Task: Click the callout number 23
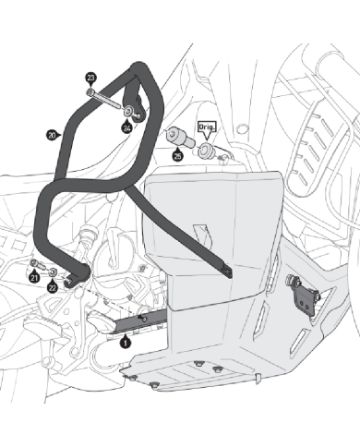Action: pyautogui.click(x=90, y=78)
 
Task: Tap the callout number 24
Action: pyautogui.click(x=126, y=127)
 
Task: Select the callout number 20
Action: pyautogui.click(x=52, y=135)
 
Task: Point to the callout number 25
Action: pyautogui.click(x=177, y=156)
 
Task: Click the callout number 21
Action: pyautogui.click(x=34, y=278)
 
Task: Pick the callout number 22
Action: pyautogui.click(x=53, y=287)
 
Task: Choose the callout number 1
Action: pyautogui.click(x=125, y=343)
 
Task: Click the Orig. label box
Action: pyautogui.click(x=207, y=127)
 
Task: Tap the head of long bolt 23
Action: pyautogui.click(x=90, y=92)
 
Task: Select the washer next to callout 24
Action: pyautogui.click(x=128, y=111)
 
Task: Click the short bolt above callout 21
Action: pyautogui.click(x=37, y=264)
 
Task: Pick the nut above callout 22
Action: pyautogui.click(x=53, y=272)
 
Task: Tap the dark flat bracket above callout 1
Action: pyautogui.click(x=140, y=320)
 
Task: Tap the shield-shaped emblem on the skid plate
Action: pyautogui.click(x=203, y=236)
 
